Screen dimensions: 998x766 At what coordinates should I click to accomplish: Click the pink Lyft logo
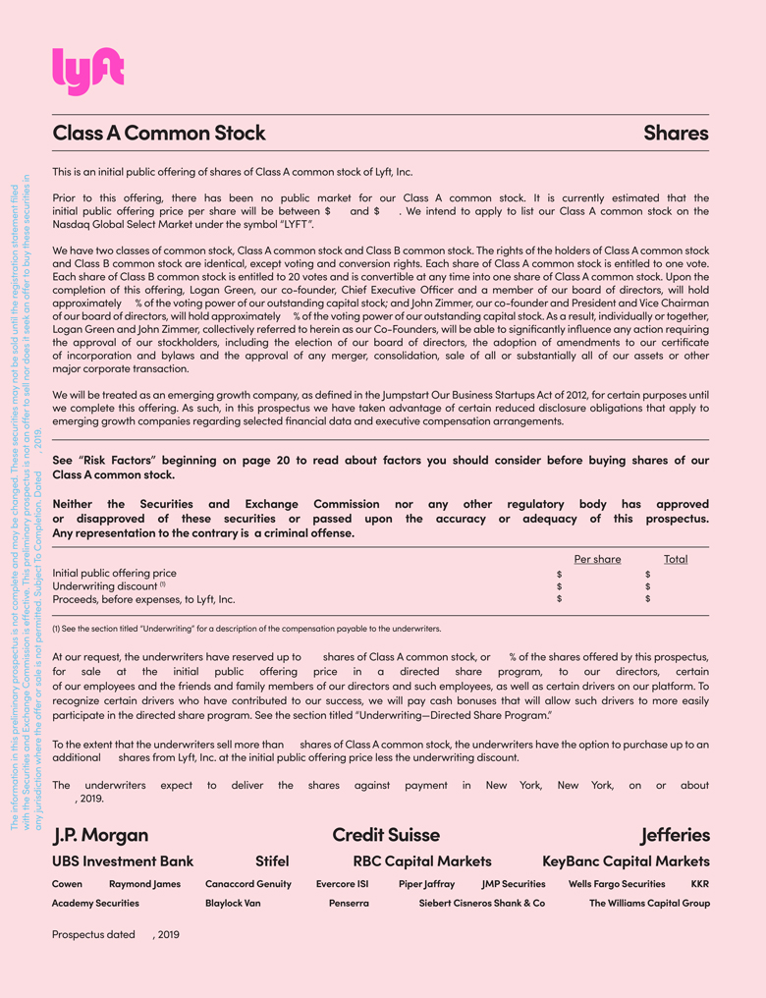87,72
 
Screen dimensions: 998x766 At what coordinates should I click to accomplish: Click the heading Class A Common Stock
158,133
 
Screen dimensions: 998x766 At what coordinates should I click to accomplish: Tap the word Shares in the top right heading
676,133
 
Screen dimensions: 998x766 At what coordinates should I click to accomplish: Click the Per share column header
597,559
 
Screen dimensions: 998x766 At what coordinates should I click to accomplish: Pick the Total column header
676,559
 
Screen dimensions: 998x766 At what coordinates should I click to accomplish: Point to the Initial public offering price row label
114,573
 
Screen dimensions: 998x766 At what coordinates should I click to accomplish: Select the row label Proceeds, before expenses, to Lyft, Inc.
143,598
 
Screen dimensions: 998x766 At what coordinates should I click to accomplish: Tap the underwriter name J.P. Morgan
100,835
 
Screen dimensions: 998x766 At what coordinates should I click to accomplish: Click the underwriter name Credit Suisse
386,835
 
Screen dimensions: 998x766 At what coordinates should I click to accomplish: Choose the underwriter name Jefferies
675,835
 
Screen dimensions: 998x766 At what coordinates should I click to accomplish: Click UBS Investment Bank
123,861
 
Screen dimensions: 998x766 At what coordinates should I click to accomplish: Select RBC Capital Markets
422,861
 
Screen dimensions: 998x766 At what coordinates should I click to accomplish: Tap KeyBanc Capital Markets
626,861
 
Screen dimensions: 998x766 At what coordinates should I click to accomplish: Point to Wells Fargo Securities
617,884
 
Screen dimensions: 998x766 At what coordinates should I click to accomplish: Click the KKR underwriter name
699,884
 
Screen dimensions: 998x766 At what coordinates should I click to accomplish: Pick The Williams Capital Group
649,903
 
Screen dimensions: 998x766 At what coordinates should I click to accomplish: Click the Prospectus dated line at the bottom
116,934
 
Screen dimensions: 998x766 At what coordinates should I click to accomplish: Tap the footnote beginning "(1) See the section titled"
246,629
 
